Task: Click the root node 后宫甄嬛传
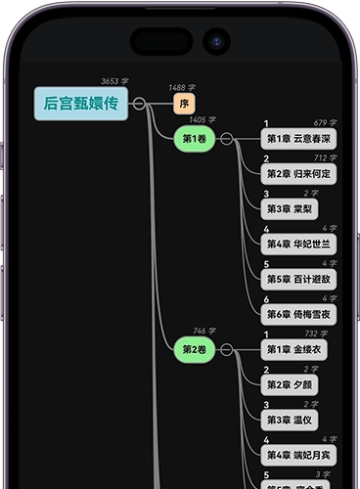pyautogui.click(x=81, y=104)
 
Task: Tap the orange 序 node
pyautogui.click(x=184, y=104)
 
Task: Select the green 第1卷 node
pyautogui.click(x=195, y=139)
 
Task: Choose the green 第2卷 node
pyautogui.click(x=195, y=348)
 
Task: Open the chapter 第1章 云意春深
pyautogui.click(x=299, y=139)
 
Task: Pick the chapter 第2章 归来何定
pyautogui.click(x=299, y=174)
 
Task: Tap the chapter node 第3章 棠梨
pyautogui.click(x=290, y=208)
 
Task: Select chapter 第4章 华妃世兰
pyautogui.click(x=299, y=244)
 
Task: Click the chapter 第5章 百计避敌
pyautogui.click(x=299, y=279)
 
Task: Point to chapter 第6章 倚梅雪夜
pyautogui.click(x=299, y=314)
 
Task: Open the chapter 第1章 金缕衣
pyautogui.click(x=293, y=349)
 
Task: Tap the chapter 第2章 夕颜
pyautogui.click(x=290, y=384)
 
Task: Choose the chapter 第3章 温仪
pyautogui.click(x=290, y=420)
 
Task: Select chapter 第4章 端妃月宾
pyautogui.click(x=299, y=455)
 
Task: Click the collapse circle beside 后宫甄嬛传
pyautogui.click(x=140, y=104)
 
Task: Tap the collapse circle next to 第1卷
pyautogui.click(x=227, y=139)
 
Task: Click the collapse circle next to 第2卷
pyautogui.click(x=227, y=348)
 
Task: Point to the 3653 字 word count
pyautogui.click(x=114, y=81)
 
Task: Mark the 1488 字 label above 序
pyautogui.click(x=183, y=87)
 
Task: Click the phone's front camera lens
pyautogui.click(x=215, y=41)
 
